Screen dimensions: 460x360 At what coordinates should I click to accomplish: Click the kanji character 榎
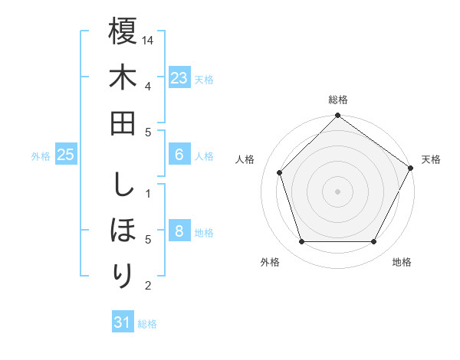click(x=123, y=31)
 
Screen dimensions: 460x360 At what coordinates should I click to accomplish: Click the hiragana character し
click(x=123, y=185)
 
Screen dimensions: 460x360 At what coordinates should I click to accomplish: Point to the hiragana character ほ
click(x=123, y=230)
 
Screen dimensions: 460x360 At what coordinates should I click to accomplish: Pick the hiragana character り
click(x=123, y=275)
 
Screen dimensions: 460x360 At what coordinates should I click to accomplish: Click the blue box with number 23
click(x=179, y=77)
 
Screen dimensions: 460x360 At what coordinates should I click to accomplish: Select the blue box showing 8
click(x=179, y=232)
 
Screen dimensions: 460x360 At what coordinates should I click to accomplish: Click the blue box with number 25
click(x=66, y=155)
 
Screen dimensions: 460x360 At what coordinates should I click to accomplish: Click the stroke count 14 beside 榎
click(x=148, y=39)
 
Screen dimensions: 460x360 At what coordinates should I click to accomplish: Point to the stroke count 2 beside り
click(x=148, y=286)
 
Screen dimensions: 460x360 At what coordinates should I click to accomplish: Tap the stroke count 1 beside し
click(x=148, y=191)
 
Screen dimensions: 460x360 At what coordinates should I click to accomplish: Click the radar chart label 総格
click(x=338, y=100)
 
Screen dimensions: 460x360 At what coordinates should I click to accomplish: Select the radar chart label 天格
click(x=431, y=159)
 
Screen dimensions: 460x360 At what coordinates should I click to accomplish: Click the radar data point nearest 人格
click(x=280, y=172)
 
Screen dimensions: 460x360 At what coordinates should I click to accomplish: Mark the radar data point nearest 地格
click(x=374, y=242)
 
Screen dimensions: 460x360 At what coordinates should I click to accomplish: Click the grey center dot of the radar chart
click(x=337, y=191)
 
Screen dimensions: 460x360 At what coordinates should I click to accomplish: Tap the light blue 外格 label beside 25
click(x=41, y=156)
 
